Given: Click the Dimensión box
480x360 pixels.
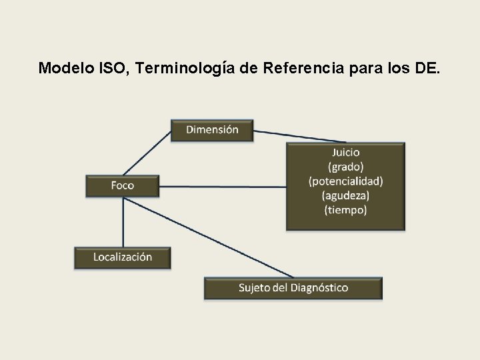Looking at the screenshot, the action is [213, 130].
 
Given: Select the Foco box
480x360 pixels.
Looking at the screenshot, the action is [123, 185].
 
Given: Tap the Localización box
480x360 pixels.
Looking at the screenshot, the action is [123, 257].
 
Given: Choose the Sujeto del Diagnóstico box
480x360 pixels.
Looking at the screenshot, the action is [293, 288].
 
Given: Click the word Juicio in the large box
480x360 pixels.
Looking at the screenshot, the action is [345, 152].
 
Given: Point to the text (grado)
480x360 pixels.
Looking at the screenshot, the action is [345, 167].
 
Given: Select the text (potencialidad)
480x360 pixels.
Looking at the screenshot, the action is [345, 181].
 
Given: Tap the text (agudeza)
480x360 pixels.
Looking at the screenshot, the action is [345, 195].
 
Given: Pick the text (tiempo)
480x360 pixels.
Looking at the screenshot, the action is [345, 209].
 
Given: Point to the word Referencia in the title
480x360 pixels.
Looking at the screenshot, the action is [293, 68].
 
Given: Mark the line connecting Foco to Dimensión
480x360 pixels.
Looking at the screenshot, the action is [148, 152].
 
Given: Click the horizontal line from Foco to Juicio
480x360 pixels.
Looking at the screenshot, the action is [223, 187].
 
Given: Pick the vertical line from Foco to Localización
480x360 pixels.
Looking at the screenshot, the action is [123, 222].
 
